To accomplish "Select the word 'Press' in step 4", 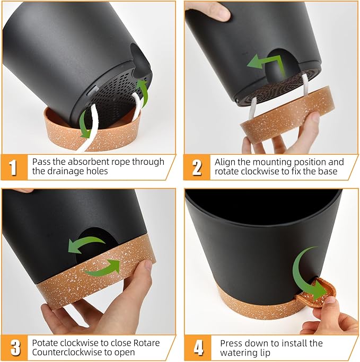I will pos(231,343).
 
